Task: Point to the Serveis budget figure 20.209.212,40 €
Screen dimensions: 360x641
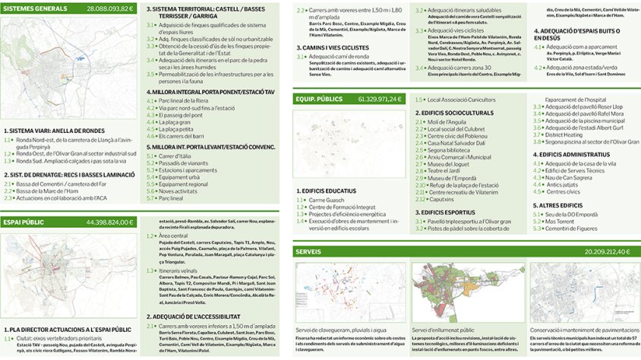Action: coord(607,251)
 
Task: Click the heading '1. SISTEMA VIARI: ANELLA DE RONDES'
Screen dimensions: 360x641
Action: coord(54,131)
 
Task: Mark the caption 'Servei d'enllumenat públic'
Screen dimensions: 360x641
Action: coord(443,330)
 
